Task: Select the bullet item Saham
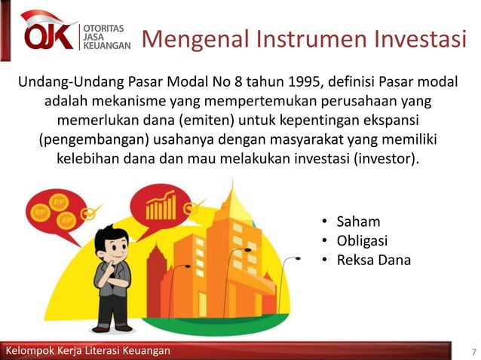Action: pyautogui.click(x=358, y=222)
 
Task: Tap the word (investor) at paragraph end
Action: pyautogui.click(x=388, y=160)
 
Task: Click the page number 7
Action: pyautogui.click(x=473, y=352)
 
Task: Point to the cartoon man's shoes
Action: pyautogui.click(x=112, y=328)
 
